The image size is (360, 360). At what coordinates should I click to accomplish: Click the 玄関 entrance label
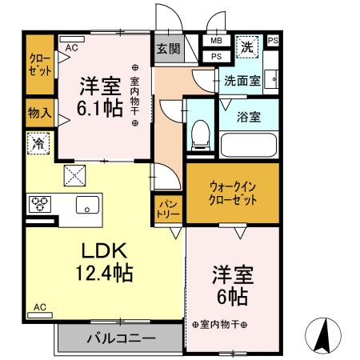click(168, 49)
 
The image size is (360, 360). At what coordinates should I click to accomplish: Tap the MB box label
click(217, 41)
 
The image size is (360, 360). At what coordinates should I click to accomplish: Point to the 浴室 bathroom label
click(248, 117)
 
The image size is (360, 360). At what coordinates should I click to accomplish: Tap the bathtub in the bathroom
click(248, 144)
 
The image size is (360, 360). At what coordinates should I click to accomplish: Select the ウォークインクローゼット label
click(234, 193)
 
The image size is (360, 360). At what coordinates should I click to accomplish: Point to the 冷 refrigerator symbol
click(38, 144)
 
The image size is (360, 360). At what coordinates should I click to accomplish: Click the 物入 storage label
click(39, 113)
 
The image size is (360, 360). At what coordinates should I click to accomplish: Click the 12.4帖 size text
click(106, 273)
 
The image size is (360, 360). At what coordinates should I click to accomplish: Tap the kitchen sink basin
click(87, 205)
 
